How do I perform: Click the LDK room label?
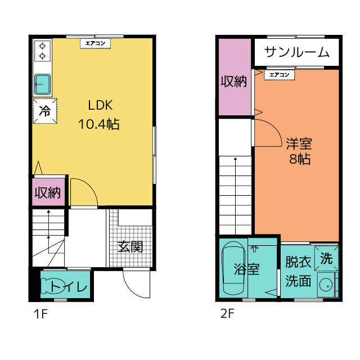point(101,105)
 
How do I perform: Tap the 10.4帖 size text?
point(101,124)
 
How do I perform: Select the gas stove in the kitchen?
point(42,51)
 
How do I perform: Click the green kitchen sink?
point(43,84)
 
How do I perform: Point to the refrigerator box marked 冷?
point(44,111)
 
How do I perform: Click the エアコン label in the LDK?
point(94,43)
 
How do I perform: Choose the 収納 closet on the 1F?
point(48,193)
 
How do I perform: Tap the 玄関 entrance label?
point(130,246)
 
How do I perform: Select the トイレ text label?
point(69,287)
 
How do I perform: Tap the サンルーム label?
point(296,52)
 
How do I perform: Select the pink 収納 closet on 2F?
point(233,81)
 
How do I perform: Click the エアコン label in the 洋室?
point(279,74)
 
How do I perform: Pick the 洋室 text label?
point(298,142)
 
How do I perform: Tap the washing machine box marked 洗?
point(326,258)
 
